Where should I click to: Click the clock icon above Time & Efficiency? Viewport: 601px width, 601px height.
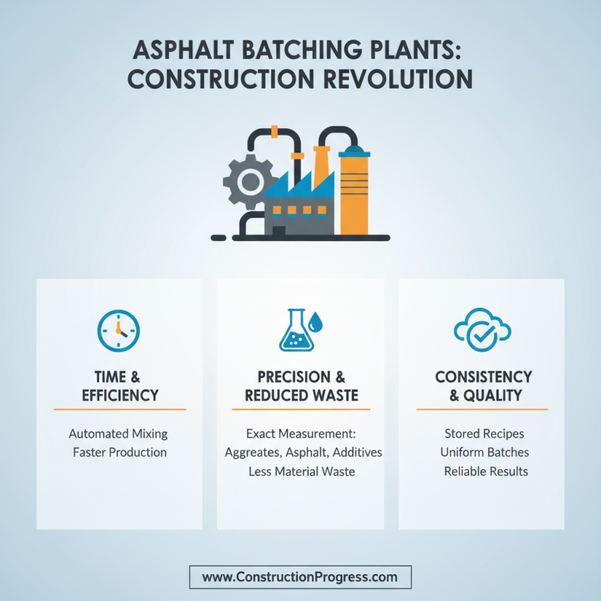pyautogui.click(x=119, y=331)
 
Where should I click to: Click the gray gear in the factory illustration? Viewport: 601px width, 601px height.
pyautogui.click(x=247, y=182)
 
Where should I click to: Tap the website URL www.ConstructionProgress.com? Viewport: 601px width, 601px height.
pyautogui.click(x=300, y=577)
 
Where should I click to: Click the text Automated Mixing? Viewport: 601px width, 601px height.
pyautogui.click(x=118, y=433)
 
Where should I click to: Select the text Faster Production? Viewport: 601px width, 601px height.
pyautogui.click(x=119, y=452)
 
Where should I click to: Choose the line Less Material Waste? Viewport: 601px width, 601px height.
pyautogui.click(x=301, y=472)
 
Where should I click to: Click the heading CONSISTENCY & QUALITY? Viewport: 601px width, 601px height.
pyautogui.click(x=483, y=385)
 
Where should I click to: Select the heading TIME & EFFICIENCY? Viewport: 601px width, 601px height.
pyautogui.click(x=119, y=385)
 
